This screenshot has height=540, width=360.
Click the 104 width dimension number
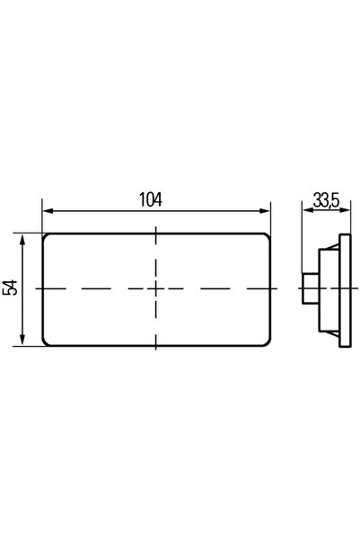151,199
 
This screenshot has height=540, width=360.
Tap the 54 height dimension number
11,288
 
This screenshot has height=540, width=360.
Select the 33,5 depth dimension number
326,200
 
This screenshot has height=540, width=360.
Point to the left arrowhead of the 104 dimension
48,211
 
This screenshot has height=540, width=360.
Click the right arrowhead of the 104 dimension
265,211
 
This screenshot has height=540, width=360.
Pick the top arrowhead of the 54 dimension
22,239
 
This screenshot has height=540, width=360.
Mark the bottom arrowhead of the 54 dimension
22,340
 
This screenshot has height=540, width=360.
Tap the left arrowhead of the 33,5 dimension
307,210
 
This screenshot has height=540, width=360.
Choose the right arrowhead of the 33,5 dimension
346,210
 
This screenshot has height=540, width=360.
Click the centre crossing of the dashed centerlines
156,288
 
